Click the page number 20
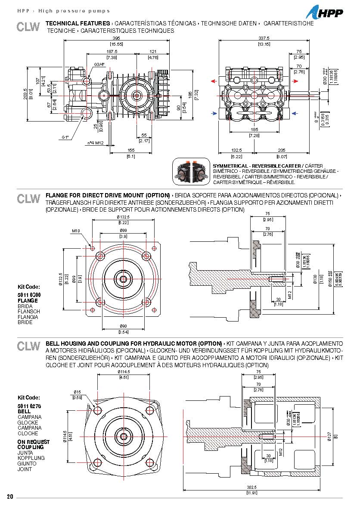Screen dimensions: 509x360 [10, 497]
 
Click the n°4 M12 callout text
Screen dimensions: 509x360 [96, 143]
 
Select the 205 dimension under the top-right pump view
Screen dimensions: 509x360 [282, 151]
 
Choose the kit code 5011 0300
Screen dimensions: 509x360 [28, 295]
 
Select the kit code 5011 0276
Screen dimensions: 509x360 [28, 406]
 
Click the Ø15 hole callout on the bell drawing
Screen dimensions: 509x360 [77, 392]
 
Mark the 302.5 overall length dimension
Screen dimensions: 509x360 [252, 487]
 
